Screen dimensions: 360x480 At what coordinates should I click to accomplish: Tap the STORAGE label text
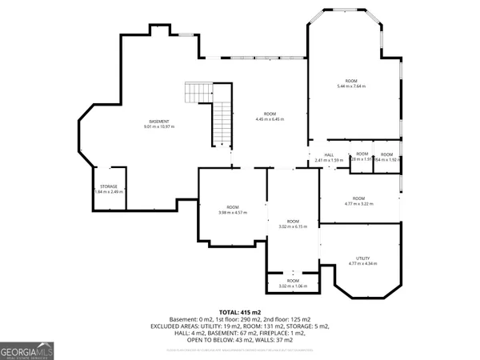click(108, 186)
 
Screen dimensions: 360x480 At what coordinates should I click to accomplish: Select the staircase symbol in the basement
click(210, 112)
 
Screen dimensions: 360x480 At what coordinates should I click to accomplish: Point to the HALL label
click(329, 154)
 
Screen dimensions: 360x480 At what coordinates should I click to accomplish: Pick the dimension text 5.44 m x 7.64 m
click(351, 86)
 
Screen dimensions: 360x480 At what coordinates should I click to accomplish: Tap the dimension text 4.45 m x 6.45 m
click(270, 119)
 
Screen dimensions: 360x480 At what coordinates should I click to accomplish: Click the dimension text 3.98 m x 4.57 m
click(233, 213)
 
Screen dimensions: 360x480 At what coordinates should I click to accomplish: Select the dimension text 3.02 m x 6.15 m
click(293, 226)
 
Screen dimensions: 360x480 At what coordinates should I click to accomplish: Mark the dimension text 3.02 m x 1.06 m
click(293, 286)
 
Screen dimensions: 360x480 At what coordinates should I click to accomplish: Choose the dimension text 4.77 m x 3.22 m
click(358, 203)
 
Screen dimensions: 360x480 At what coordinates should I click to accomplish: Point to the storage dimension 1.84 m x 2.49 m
click(108, 192)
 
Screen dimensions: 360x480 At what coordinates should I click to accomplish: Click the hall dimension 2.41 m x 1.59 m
click(329, 160)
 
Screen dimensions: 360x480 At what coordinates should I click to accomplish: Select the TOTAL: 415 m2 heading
click(240, 312)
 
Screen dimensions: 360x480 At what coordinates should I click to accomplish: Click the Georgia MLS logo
click(26, 350)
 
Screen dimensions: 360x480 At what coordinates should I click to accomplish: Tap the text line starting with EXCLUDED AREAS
click(240, 326)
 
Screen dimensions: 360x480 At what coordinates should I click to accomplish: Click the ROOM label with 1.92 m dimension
click(386, 154)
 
